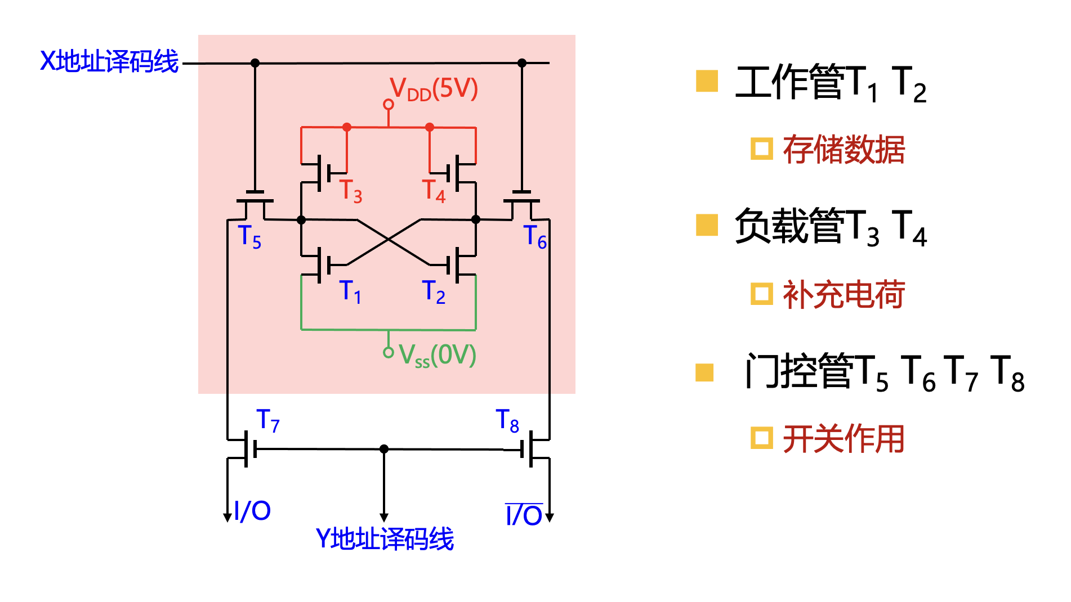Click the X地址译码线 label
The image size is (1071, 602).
109,61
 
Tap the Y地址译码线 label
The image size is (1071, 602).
385,538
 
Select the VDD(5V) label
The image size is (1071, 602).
434,89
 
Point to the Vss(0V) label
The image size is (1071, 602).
437,355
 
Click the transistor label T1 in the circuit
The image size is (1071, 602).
350,291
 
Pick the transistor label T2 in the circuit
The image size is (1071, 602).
434,291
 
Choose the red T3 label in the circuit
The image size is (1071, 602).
350,190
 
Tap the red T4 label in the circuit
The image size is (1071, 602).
434,190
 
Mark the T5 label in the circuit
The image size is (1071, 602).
249,236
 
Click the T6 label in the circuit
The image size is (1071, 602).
535,236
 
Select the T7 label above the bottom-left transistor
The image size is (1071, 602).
267,420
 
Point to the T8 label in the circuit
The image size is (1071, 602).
507,420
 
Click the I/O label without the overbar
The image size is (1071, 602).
252,511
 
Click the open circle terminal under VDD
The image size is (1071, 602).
389,105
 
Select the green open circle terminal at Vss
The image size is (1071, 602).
389,353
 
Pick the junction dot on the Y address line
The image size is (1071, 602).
384,449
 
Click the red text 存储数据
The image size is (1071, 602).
844,150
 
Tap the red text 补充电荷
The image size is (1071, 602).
844,294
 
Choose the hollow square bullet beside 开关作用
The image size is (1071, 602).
761,438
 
